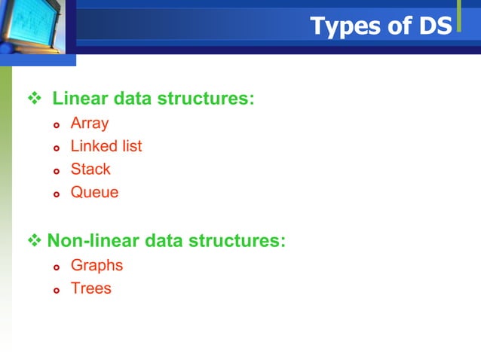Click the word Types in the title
tap(342, 26)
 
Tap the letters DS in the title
tap(433, 26)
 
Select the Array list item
tap(90, 124)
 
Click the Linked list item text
tap(106, 146)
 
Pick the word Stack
tap(90, 169)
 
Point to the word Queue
tap(94, 192)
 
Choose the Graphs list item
tap(97, 265)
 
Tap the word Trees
tap(90, 288)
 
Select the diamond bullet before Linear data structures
tap(32, 99)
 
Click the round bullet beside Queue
tap(55, 194)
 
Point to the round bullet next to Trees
tap(55, 289)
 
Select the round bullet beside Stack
tap(55, 170)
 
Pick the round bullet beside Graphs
tap(55, 267)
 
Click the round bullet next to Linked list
tap(55, 148)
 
